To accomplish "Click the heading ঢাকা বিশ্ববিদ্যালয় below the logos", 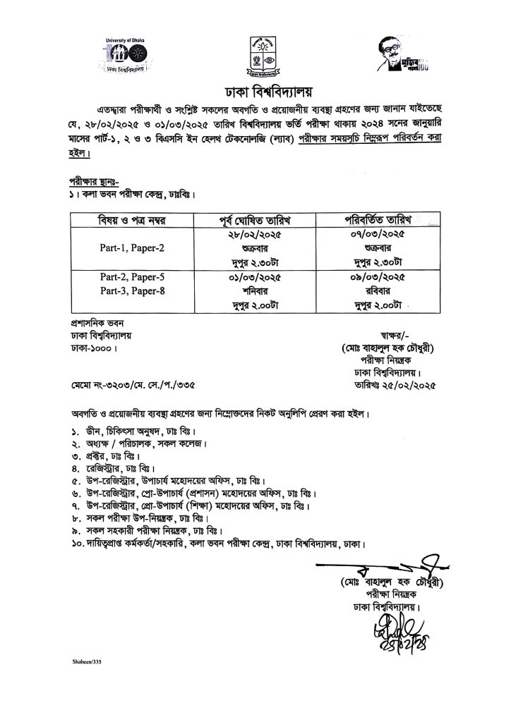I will [x=255, y=92].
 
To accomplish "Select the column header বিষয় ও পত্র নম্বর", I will [x=131, y=221].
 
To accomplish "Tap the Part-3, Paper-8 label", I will [x=131, y=290].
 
